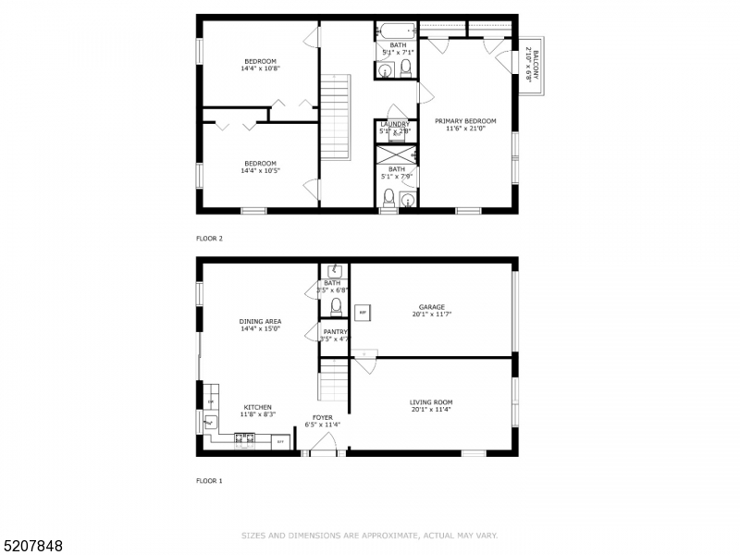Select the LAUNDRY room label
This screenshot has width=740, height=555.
[x=394, y=125]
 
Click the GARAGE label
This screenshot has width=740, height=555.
[x=431, y=307]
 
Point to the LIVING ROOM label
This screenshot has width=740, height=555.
[x=431, y=402]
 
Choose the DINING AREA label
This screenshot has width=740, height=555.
[x=260, y=322]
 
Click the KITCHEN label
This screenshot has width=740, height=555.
[x=258, y=407]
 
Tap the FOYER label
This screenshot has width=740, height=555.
[x=322, y=417]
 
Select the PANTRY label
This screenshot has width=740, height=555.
[x=334, y=331]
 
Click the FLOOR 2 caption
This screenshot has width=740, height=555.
[x=209, y=239]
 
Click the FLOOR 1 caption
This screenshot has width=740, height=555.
[x=209, y=481]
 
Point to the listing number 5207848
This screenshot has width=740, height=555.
[x=32, y=546]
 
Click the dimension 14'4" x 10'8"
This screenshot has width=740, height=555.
[x=260, y=68]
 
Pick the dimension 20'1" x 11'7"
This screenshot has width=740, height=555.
[x=431, y=314]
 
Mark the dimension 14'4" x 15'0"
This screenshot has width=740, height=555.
[x=260, y=329]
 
